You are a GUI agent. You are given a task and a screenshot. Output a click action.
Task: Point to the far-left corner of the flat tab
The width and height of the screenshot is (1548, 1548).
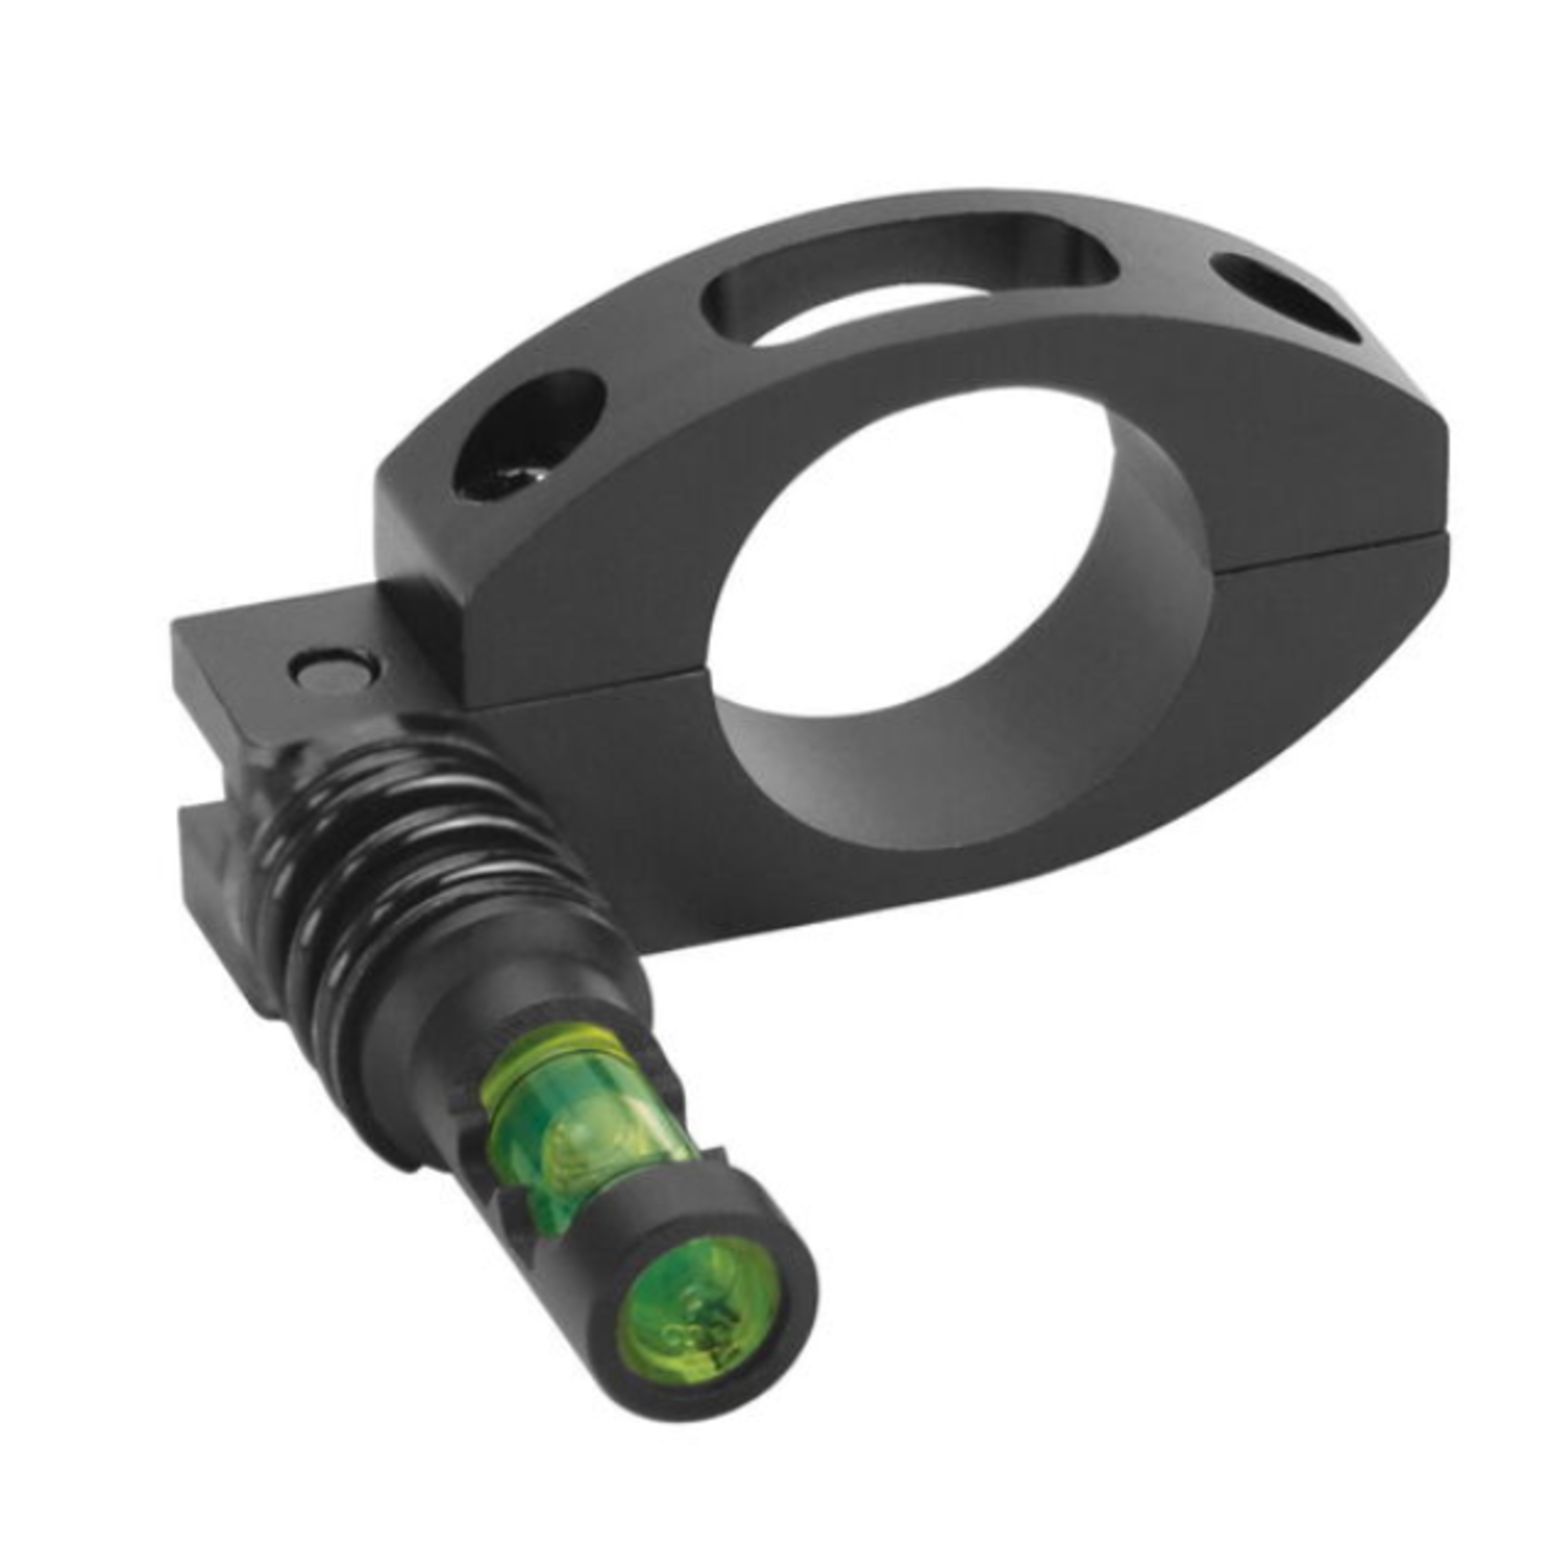tap(174, 624)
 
